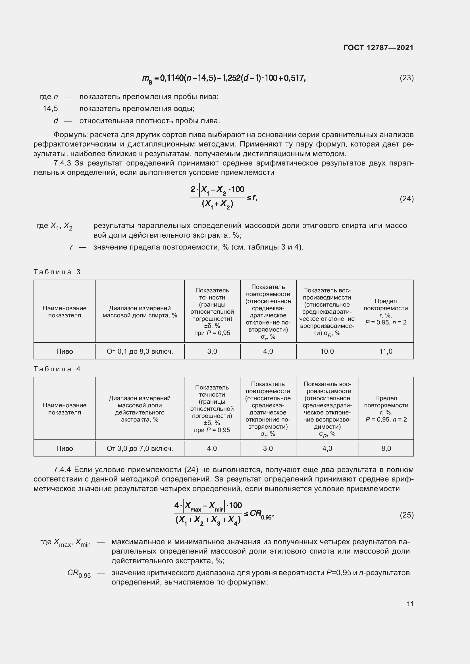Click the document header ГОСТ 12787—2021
(x=378, y=48)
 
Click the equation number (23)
(x=406, y=78)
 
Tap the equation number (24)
(x=406, y=199)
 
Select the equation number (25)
(x=406, y=515)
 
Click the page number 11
(x=410, y=604)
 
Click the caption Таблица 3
(x=57, y=272)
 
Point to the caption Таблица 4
(x=57, y=369)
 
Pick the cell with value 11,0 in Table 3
(x=386, y=351)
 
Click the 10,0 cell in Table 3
(x=327, y=351)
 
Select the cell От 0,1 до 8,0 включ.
(x=140, y=351)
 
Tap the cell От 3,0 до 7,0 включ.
(x=140, y=449)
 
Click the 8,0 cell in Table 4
(x=386, y=449)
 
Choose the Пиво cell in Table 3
(x=65, y=351)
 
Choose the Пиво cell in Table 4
(x=65, y=449)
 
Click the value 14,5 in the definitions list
(x=50, y=109)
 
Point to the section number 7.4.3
(x=62, y=163)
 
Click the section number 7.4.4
(x=62, y=470)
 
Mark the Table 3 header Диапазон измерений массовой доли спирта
(x=140, y=312)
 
